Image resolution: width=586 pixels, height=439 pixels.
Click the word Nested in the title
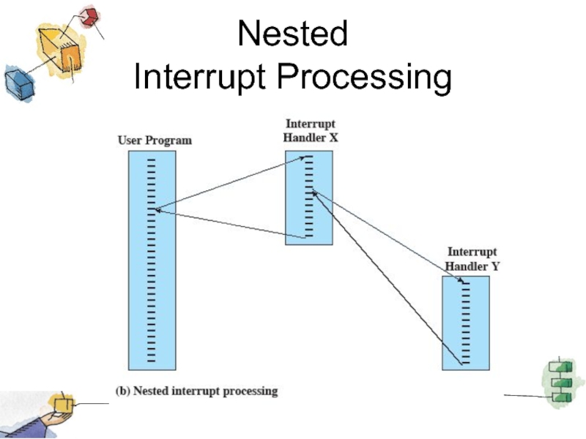293,34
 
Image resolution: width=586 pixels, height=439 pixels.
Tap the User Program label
155,140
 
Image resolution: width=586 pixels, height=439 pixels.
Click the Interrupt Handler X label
311,131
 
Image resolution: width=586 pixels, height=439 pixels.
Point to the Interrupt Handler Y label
472,259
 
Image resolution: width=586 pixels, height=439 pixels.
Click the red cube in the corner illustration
89,17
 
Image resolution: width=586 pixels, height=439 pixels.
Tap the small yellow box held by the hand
62,402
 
